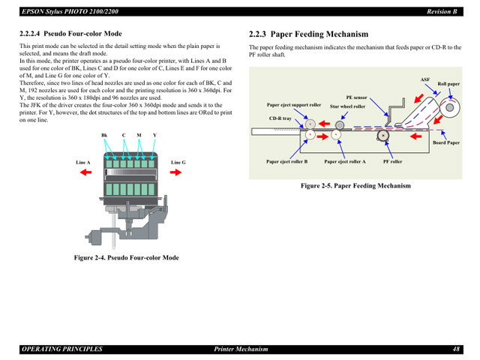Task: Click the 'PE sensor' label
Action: click(356, 97)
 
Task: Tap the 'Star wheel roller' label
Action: click(347, 106)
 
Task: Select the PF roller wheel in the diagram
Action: click(383, 136)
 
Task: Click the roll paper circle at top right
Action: click(450, 106)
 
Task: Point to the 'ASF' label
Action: click(424, 79)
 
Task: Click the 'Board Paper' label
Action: click(446, 142)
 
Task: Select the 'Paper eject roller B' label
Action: click(286, 161)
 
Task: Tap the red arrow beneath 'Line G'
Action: click(176, 172)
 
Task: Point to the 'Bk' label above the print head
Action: click(105, 135)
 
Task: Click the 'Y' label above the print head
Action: click(154, 135)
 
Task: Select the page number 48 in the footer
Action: click(456, 349)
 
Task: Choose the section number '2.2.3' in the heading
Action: click(260, 34)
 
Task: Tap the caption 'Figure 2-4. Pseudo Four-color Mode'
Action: click(126, 257)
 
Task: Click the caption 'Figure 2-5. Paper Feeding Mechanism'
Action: click(355, 185)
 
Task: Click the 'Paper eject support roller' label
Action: click(294, 105)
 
